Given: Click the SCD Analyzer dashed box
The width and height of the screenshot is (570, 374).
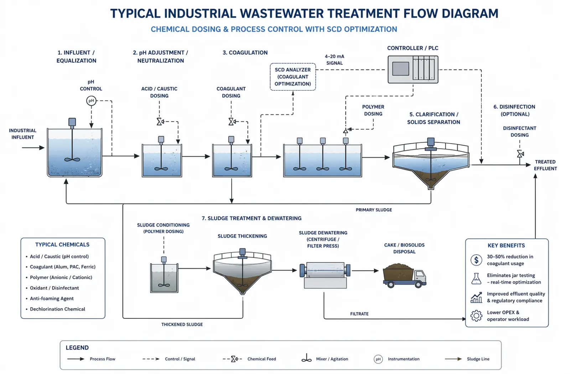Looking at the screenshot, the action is point(270,77).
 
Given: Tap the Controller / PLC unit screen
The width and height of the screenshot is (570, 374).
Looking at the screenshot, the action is point(400,69).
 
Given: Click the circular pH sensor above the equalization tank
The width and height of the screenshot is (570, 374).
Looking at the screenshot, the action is point(91,101).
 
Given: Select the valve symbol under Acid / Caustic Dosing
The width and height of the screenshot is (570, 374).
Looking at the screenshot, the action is point(160,121).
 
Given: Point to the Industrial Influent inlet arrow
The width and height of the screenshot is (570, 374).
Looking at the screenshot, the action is point(33,147).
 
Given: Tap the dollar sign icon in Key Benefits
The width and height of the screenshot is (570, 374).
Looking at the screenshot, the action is point(476,260).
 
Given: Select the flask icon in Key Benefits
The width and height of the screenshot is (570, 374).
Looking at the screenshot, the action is point(476,279).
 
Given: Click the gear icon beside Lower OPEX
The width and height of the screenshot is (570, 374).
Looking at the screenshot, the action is point(476,316).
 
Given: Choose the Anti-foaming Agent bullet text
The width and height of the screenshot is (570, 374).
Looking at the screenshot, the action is point(52,298).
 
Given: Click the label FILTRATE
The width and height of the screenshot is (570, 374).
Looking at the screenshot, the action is point(359,314).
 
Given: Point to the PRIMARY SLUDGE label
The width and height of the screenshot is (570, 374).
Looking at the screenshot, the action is point(374,210).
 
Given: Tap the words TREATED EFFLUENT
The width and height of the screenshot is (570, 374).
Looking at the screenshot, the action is point(545,165).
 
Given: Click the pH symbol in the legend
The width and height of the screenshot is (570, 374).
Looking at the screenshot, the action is point(378,359).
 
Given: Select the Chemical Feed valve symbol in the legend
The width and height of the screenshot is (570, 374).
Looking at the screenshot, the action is point(234,359).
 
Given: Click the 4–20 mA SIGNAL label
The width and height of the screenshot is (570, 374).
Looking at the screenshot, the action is point(335,59).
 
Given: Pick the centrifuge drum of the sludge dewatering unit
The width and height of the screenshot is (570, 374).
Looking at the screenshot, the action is point(325,270).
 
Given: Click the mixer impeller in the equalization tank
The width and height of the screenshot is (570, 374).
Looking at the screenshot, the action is point(72,160).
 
